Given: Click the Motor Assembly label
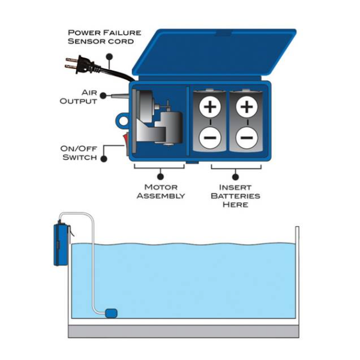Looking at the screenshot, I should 161,191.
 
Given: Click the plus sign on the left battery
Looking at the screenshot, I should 210,108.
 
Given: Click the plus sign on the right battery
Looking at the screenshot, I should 246,108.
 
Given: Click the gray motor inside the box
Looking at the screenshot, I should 159,123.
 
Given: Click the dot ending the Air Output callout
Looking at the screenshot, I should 106,94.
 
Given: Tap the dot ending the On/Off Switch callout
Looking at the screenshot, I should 104,158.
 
